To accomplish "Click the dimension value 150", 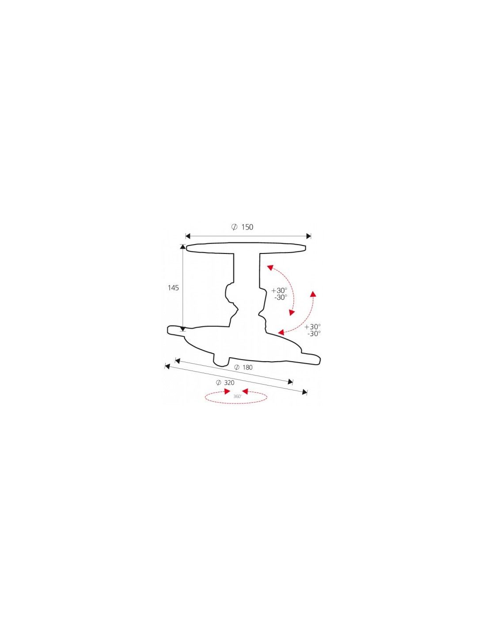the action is pos(247,227).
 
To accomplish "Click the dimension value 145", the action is pos(173,288).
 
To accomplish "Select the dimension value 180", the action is pos(247,367).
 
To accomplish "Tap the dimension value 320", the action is pos(229,383).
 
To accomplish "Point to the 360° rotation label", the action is pos(237,397).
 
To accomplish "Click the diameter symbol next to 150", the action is pos(235,227).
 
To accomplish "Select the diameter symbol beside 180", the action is pos(236,367).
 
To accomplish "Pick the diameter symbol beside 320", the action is pos(219,383).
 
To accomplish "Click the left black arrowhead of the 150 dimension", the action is pos(188,236).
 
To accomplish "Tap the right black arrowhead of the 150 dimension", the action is pos(308,236).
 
